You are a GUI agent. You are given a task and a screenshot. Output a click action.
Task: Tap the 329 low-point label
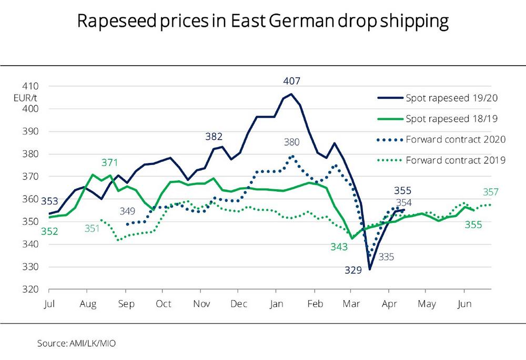click(x=353, y=271)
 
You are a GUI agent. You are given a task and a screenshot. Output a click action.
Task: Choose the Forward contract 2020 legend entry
click(x=456, y=139)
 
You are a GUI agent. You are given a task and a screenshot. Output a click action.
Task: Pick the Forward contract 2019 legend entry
click(x=456, y=160)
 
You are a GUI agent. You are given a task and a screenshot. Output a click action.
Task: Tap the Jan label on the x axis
click(x=277, y=304)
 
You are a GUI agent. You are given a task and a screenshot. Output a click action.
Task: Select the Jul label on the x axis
click(x=49, y=304)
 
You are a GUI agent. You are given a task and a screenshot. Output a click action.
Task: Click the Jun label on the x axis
click(x=464, y=304)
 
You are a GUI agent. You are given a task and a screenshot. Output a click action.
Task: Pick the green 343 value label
click(x=339, y=246)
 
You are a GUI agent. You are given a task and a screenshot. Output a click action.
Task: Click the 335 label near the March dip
click(x=386, y=257)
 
